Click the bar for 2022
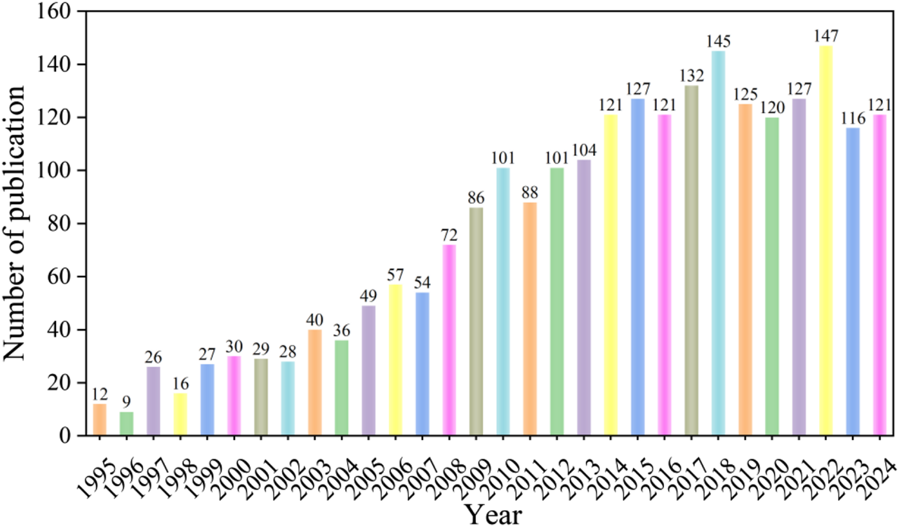click(826, 241)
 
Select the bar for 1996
click(127, 423)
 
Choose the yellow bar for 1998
click(180, 414)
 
